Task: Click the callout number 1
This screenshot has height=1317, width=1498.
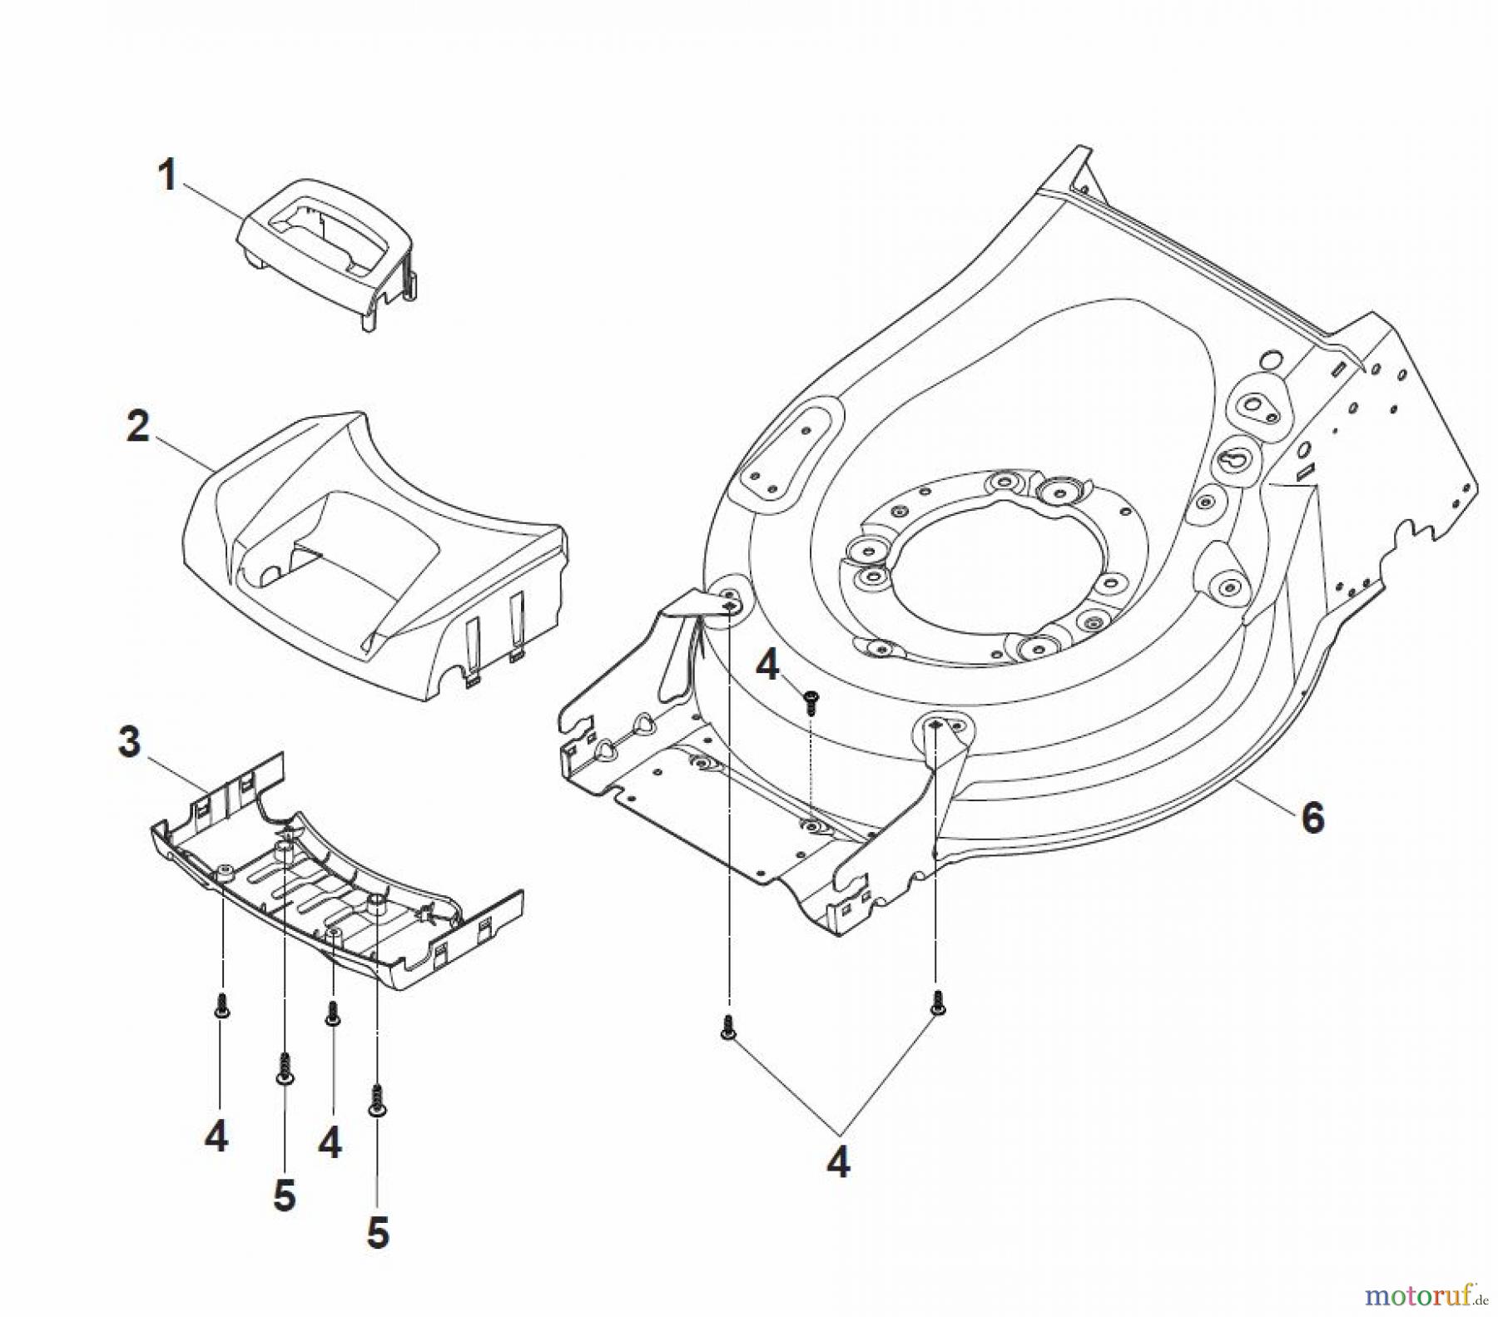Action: (167, 176)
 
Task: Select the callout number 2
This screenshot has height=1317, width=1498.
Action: (138, 426)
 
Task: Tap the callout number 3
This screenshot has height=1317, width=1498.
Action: (130, 742)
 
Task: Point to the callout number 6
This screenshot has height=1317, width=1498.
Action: (1312, 818)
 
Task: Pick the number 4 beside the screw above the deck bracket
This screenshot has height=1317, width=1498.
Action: (766, 665)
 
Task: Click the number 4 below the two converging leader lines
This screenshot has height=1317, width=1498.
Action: (838, 1162)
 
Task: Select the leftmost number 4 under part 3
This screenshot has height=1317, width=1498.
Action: (216, 1136)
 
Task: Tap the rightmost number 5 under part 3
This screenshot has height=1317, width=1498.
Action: (378, 1233)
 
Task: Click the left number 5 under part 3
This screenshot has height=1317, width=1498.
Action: (285, 1196)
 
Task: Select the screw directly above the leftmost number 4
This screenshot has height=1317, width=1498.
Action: (222, 1004)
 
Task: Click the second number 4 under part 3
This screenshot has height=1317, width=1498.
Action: (330, 1142)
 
